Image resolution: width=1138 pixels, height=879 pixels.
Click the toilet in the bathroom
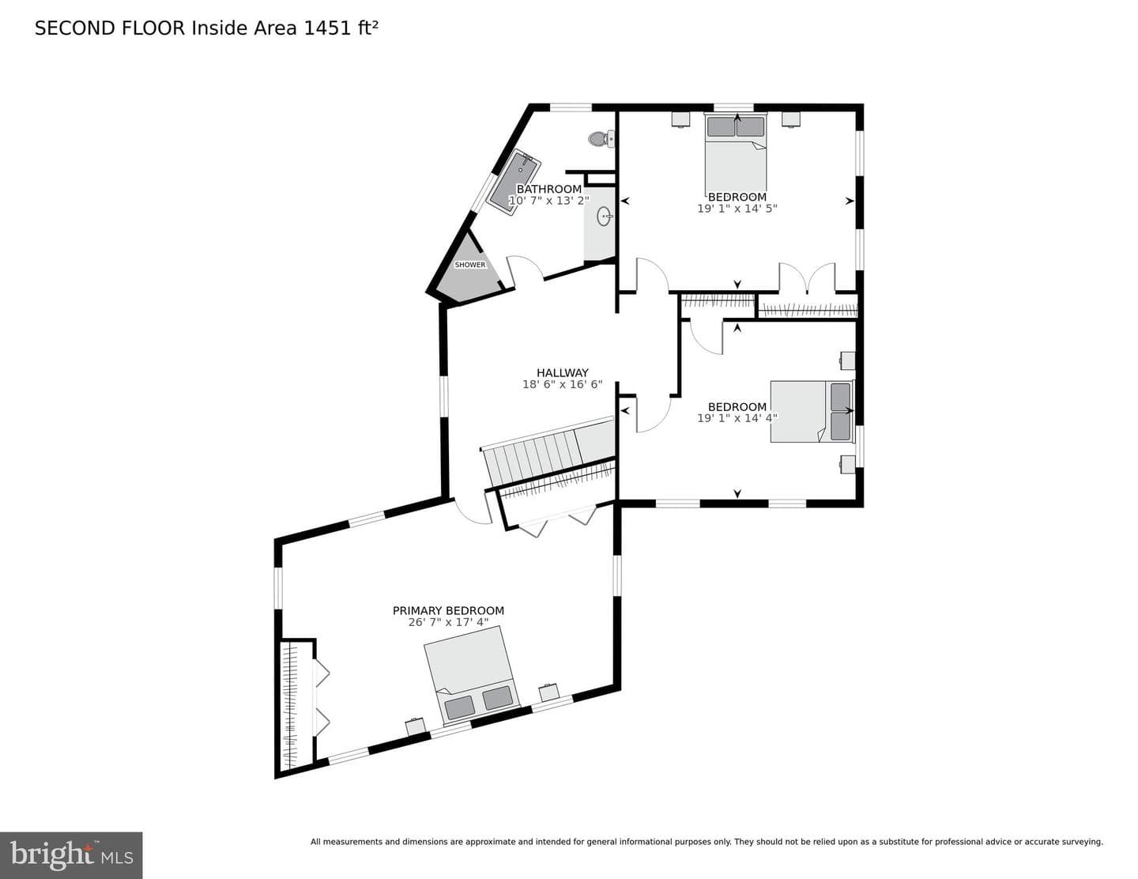601,139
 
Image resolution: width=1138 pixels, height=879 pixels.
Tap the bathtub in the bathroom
514,180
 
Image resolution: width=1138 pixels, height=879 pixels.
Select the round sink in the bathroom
605,216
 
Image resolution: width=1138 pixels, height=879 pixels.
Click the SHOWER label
469,265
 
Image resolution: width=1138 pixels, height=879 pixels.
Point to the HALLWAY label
563,372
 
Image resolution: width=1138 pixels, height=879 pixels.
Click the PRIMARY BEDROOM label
448,610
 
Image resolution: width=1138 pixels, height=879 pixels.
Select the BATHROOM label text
548,189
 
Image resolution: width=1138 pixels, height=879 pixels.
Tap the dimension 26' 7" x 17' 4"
448,622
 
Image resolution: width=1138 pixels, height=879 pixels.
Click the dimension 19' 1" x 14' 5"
737,208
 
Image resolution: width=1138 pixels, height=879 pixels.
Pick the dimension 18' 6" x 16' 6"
563,384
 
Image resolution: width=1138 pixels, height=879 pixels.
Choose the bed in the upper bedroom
736,154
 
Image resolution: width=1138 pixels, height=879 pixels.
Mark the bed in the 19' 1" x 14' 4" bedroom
812,411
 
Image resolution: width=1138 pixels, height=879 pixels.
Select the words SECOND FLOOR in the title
110,28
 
